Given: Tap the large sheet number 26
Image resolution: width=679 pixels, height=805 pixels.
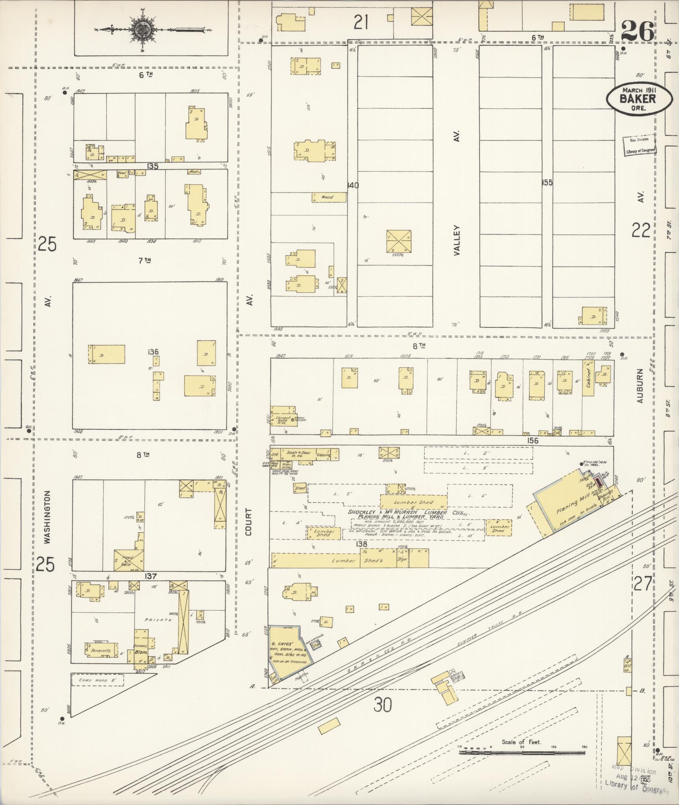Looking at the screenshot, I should (637, 31).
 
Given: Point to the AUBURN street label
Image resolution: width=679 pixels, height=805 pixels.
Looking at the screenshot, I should (640, 386).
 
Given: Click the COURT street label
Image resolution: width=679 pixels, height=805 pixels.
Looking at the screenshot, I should (249, 522).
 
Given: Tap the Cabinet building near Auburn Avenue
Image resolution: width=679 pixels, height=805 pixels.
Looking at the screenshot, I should (588, 381).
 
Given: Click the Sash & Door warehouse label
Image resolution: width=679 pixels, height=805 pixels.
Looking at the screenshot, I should (299, 453).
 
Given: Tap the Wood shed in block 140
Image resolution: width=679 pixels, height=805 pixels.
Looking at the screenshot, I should (328, 197).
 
